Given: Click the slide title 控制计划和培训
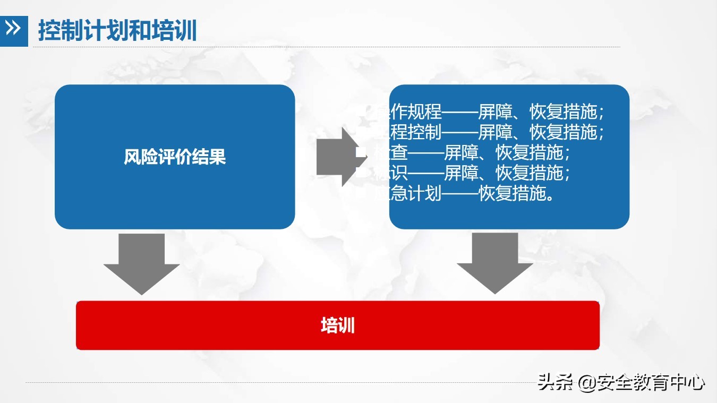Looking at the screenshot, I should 117,30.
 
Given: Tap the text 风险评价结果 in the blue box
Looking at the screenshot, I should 175,157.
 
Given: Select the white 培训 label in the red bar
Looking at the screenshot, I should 338,325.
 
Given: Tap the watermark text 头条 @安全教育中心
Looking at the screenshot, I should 621,382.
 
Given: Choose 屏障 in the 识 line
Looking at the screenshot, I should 460,173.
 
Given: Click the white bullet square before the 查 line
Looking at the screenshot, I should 362,152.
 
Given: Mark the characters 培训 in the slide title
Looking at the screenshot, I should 175,30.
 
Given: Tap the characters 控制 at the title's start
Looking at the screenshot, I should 56,30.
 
